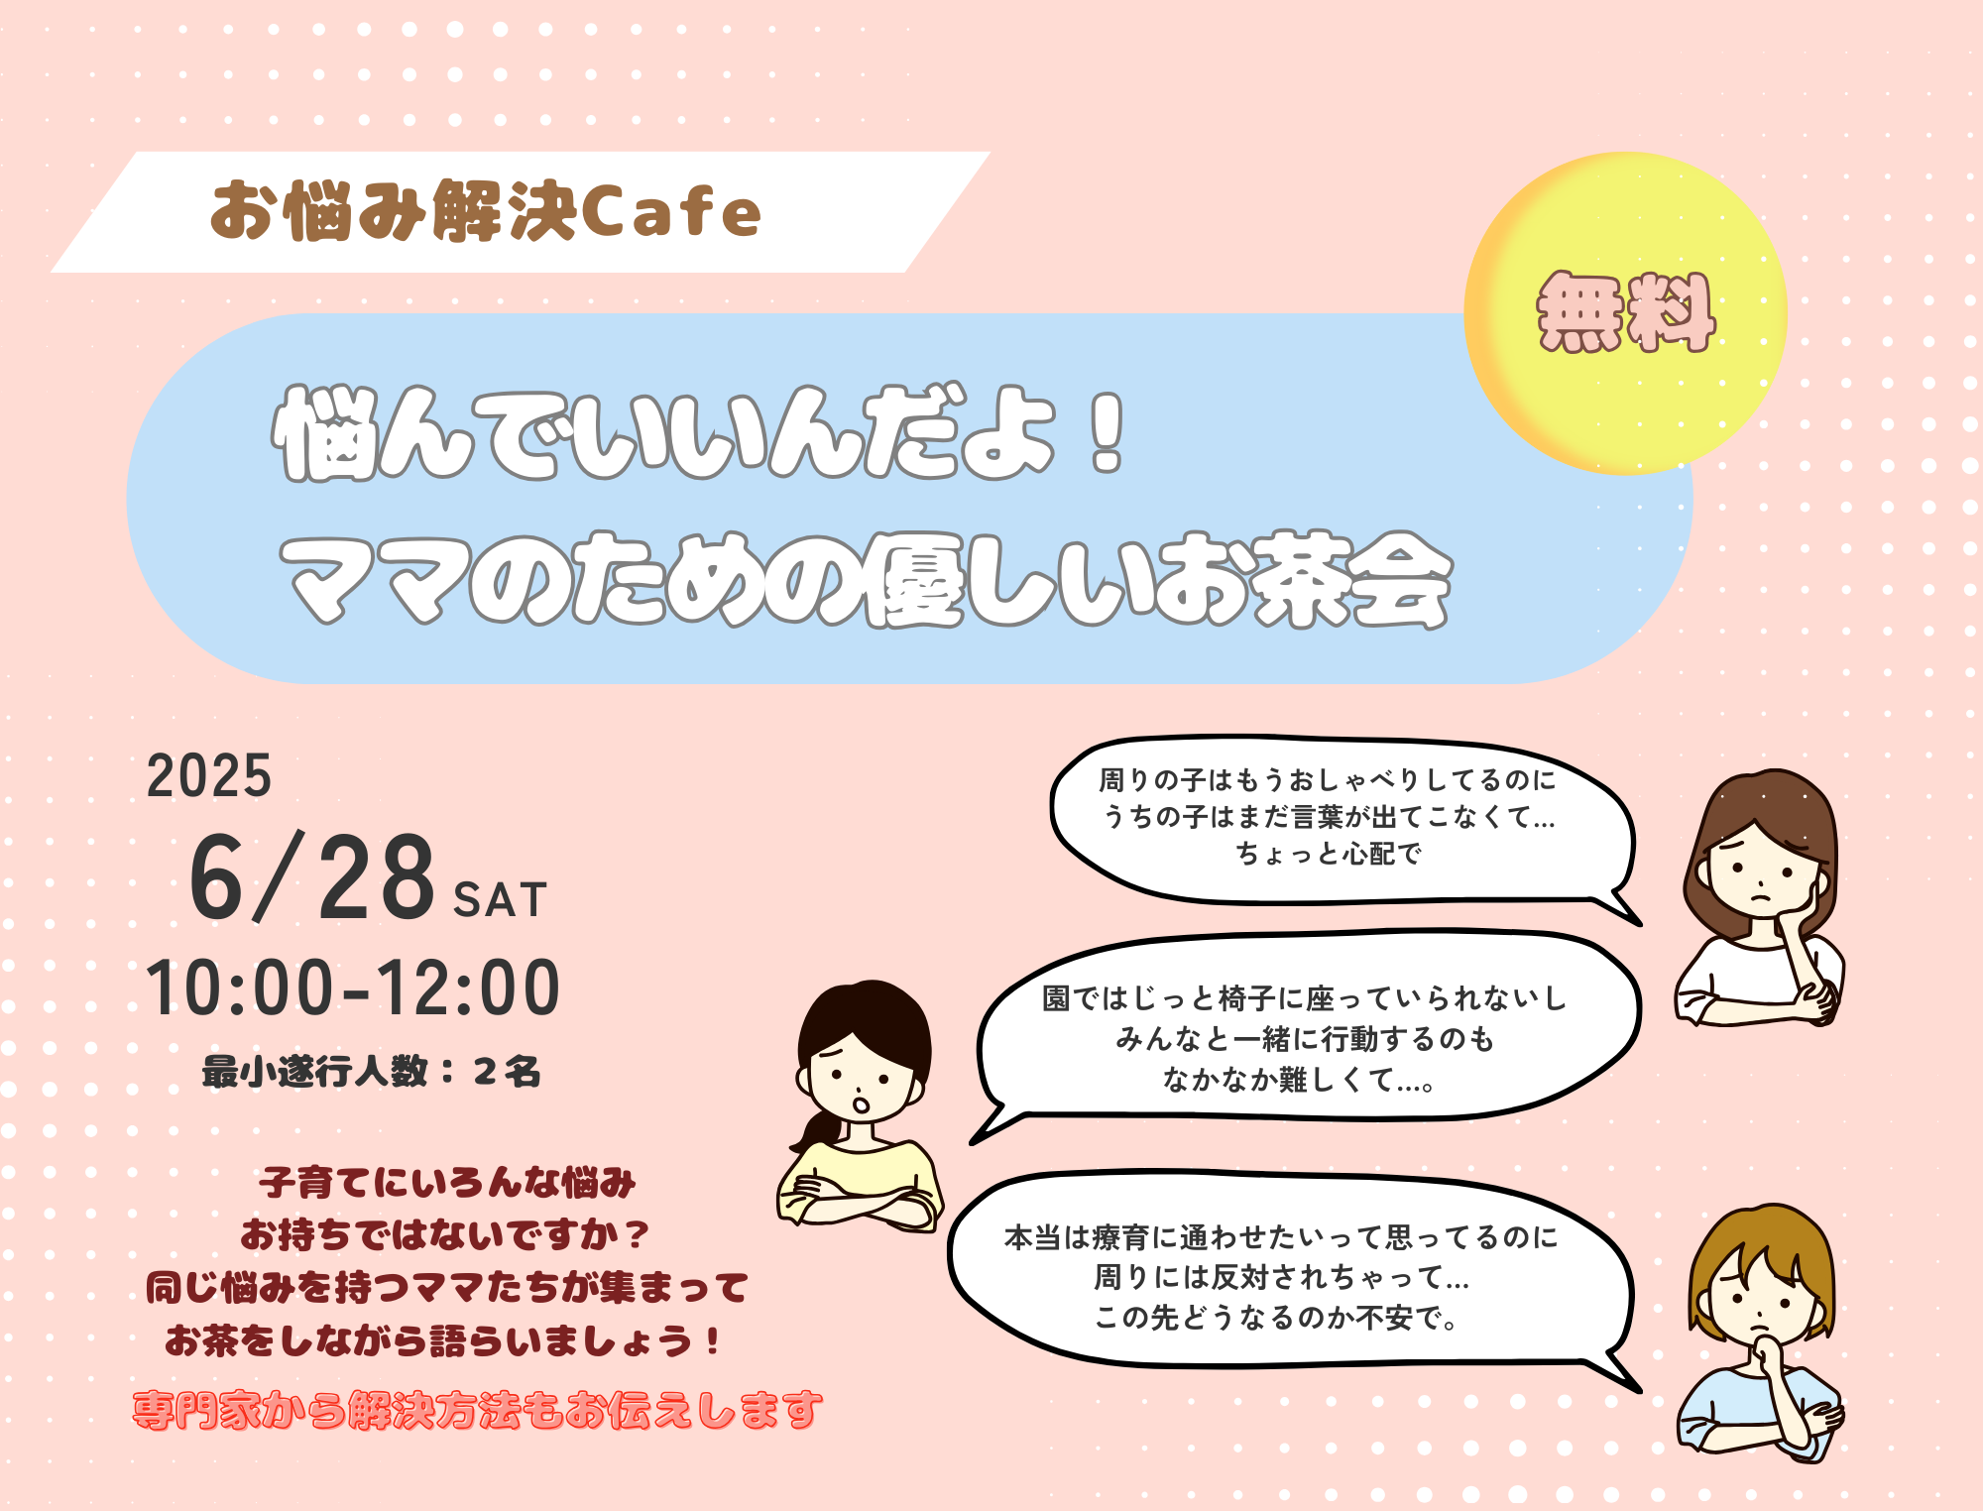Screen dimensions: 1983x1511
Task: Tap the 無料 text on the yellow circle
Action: click(x=1625, y=312)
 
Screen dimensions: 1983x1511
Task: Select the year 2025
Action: click(x=209, y=775)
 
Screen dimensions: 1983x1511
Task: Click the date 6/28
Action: click(x=311, y=877)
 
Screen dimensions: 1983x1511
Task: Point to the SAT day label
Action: click(x=500, y=900)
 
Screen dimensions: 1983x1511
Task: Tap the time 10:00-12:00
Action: click(x=353, y=988)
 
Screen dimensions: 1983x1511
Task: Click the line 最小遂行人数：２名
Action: click(x=372, y=1072)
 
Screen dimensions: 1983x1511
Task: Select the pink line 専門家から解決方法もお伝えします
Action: click(x=477, y=1410)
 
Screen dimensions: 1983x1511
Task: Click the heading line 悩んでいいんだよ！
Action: click(x=700, y=433)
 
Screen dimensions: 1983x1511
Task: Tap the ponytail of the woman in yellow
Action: click(x=814, y=1130)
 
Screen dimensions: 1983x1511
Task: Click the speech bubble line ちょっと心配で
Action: click(x=1329, y=854)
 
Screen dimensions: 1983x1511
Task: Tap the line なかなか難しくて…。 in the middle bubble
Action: click(x=1299, y=1080)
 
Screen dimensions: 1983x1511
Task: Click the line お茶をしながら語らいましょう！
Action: click(x=442, y=1340)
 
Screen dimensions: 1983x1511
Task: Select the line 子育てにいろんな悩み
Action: click(x=447, y=1182)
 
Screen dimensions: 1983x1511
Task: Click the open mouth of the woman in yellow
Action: click(x=861, y=1104)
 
